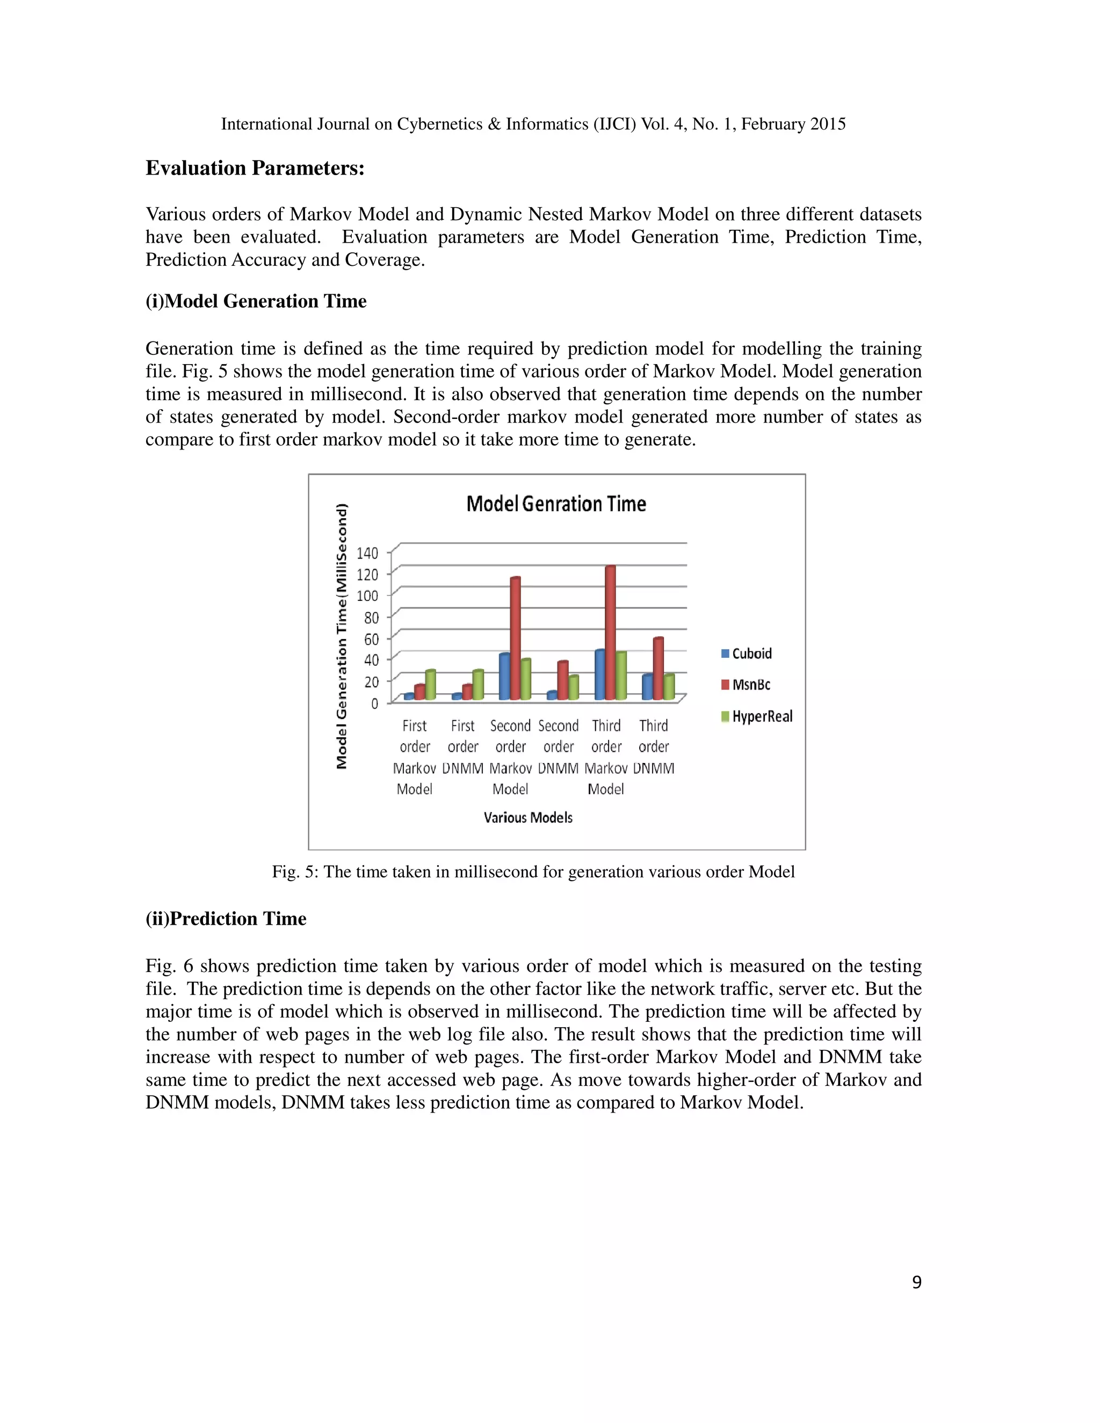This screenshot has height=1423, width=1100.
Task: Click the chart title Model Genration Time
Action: click(556, 504)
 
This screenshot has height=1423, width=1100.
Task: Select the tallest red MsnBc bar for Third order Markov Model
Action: click(610, 632)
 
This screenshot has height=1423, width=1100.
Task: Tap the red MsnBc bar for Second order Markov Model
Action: click(515, 638)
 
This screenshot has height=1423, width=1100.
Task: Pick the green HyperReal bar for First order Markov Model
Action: click(430, 685)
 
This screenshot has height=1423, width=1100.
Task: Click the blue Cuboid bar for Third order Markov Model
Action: click(599, 675)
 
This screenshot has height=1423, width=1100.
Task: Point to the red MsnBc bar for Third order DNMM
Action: click(658, 669)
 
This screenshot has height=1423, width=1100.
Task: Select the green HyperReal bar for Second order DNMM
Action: click(574, 687)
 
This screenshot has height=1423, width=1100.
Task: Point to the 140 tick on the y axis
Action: click(367, 553)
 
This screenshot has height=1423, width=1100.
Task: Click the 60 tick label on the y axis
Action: click(371, 639)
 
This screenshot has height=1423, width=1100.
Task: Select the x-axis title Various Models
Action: click(528, 818)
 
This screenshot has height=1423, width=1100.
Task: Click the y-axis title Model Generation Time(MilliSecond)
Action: click(342, 636)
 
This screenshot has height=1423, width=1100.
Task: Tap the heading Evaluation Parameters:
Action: click(255, 168)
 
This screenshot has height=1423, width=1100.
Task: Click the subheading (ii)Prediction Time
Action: click(226, 919)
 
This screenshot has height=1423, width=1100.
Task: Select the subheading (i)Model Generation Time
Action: click(256, 301)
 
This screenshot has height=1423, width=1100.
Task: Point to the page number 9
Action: click(916, 1283)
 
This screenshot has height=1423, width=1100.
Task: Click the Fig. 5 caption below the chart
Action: click(533, 872)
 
